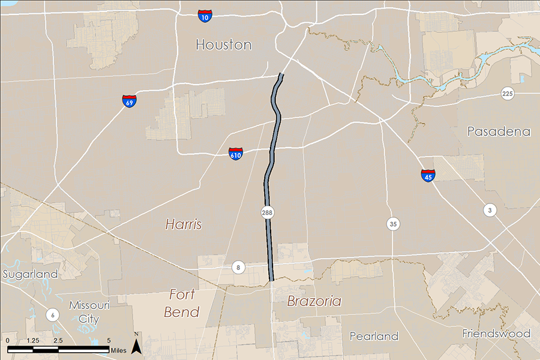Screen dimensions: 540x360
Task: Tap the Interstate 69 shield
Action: (x=129, y=101)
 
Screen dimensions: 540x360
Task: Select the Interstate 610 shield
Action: (x=236, y=154)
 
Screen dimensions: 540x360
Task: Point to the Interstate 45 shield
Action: (x=428, y=175)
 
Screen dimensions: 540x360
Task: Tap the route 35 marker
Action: (x=393, y=224)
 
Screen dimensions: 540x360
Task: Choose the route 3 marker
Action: (x=490, y=209)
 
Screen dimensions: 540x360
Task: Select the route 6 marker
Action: (x=52, y=315)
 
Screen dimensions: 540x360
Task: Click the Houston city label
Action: (x=223, y=45)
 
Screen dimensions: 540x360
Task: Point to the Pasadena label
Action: (x=499, y=131)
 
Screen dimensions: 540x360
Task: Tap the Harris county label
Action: (x=184, y=224)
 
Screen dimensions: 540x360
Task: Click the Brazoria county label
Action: (x=314, y=301)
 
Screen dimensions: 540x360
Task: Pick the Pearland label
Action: (x=374, y=336)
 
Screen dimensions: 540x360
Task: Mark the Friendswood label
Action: (x=496, y=333)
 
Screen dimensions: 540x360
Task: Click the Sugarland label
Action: (x=30, y=274)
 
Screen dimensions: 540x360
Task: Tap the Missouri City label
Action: (x=89, y=311)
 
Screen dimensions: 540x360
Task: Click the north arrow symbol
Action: (x=136, y=344)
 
